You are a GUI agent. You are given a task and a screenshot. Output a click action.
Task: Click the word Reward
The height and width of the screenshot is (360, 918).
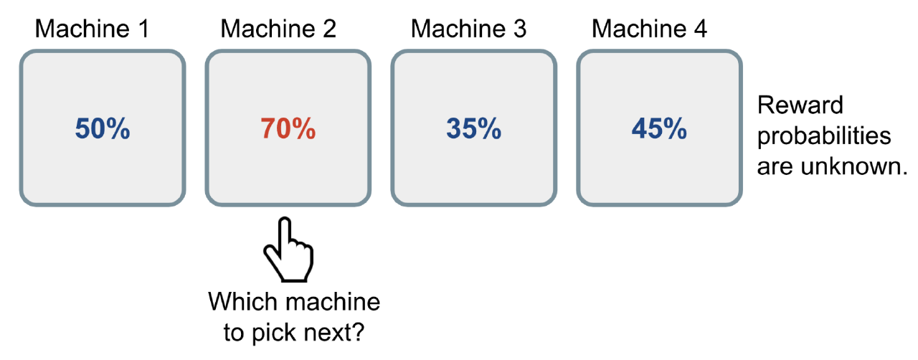(x=800, y=105)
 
